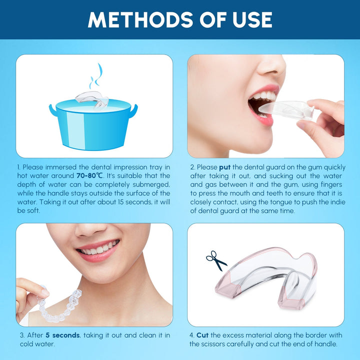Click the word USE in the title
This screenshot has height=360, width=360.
[248, 19]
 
